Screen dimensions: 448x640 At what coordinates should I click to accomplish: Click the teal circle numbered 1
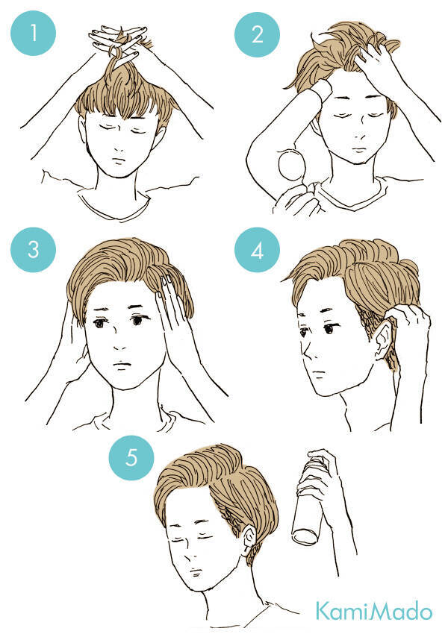click(33, 33)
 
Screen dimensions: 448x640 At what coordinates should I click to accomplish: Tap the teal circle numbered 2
click(257, 34)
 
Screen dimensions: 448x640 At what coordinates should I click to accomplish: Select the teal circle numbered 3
click(33, 249)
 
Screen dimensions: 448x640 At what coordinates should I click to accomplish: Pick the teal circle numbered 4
click(257, 250)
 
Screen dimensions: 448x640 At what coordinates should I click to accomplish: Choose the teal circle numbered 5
click(131, 457)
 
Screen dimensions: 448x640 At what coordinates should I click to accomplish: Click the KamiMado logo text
click(373, 610)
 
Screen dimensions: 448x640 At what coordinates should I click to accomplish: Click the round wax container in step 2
click(291, 165)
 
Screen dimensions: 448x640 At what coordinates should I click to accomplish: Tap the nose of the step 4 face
click(306, 350)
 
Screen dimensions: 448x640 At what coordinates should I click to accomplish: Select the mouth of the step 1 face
click(119, 160)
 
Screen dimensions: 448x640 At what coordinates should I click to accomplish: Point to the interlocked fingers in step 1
click(119, 41)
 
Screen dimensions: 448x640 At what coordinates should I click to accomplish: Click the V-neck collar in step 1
click(114, 205)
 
